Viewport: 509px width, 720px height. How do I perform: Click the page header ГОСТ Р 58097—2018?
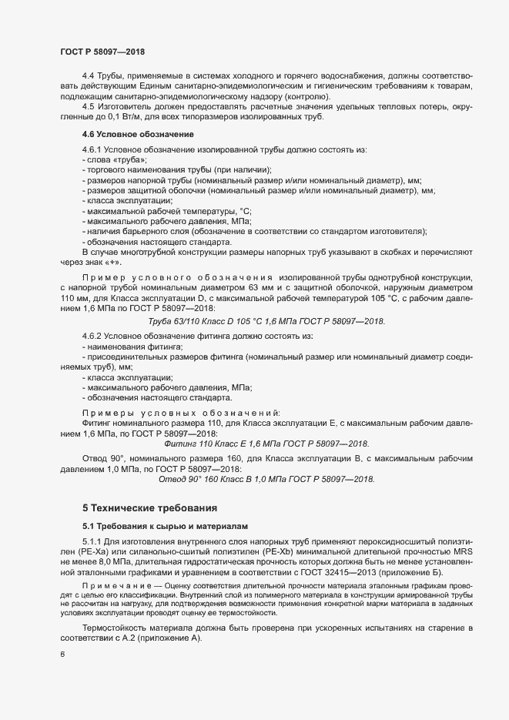click(x=102, y=52)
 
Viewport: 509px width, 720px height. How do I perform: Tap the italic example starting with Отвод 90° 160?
click(x=266, y=479)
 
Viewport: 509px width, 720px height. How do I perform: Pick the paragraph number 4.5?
click(x=88, y=106)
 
